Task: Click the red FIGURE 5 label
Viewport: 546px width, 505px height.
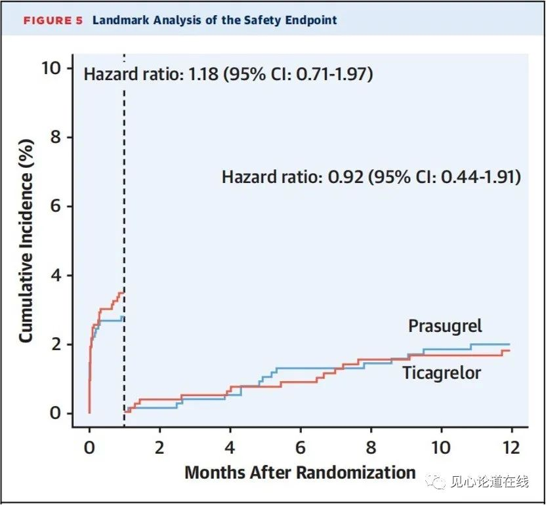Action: pyautogui.click(x=53, y=20)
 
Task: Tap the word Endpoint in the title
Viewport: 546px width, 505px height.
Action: pyautogui.click(x=311, y=20)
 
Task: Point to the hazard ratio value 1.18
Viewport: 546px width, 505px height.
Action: pyautogui.click(x=203, y=74)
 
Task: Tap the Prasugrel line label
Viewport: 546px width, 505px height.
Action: pyautogui.click(x=445, y=327)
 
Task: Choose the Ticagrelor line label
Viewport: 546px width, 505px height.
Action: pyautogui.click(x=442, y=373)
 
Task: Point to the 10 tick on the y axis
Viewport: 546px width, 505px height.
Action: pyautogui.click(x=51, y=68)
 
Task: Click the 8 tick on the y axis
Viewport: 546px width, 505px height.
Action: pyautogui.click(x=56, y=137)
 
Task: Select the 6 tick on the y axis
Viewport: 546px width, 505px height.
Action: pyautogui.click(x=56, y=206)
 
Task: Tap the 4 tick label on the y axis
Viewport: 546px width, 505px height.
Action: pyautogui.click(x=56, y=275)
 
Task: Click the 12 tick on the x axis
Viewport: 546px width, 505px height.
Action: pyautogui.click(x=511, y=447)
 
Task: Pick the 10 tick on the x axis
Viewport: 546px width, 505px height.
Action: pyautogui.click(x=441, y=447)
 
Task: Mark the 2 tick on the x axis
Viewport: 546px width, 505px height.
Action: pyautogui.click(x=159, y=447)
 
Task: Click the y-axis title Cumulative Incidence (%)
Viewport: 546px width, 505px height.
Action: pyautogui.click(x=26, y=241)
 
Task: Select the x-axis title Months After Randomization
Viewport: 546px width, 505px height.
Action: pyautogui.click(x=300, y=473)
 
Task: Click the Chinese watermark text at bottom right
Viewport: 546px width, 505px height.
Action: pyautogui.click(x=490, y=481)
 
